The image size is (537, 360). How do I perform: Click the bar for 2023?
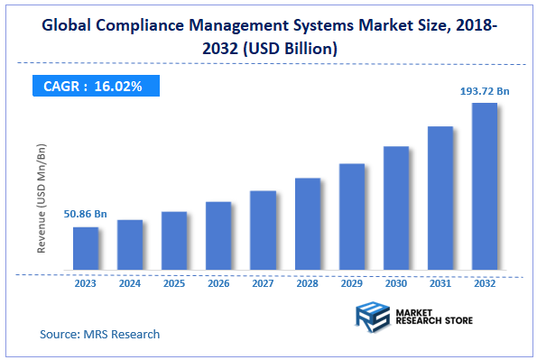[86, 248]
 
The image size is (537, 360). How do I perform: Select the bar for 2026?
[218, 235]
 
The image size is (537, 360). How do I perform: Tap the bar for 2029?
[351, 217]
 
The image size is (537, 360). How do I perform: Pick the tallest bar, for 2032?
[484, 186]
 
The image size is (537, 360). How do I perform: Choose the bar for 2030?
[395, 208]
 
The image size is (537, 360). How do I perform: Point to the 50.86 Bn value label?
[86, 214]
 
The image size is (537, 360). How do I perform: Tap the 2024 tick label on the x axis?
[130, 282]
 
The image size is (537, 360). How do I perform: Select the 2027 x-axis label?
[263, 282]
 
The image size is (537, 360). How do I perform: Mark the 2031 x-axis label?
[440, 282]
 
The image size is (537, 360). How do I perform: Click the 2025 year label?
[174, 282]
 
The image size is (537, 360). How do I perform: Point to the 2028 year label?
[307, 282]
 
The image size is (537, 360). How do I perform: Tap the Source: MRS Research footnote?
[99, 334]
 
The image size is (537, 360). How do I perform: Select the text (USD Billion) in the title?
[290, 49]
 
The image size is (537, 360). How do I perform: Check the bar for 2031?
[440, 198]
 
